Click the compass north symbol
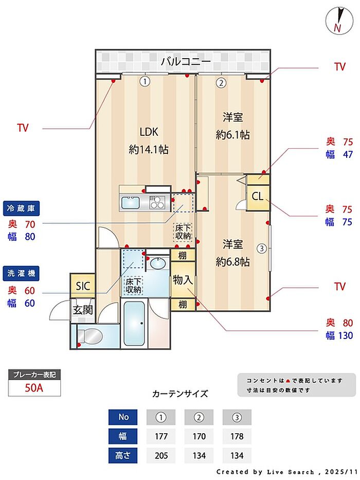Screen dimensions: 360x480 pos(339,21)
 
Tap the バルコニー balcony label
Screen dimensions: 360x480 pos(186,61)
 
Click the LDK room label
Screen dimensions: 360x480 pos(149,132)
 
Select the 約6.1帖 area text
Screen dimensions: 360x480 pos(232,135)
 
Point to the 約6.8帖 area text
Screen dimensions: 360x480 pos(232,262)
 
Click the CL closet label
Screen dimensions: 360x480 pos(258,196)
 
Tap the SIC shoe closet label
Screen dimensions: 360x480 pos(83,286)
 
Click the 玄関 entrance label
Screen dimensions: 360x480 pos(83,310)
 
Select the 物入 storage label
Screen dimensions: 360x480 pos(183,279)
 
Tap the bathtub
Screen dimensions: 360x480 pos(134,324)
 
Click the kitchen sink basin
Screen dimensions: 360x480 pos(131,203)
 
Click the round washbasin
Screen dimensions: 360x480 pos(158,263)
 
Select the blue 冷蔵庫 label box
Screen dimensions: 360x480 pos(21,209)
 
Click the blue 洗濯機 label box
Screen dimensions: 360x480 pos(21,273)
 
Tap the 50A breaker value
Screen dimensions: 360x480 pos(34,388)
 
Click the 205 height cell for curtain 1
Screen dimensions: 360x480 pos(161,455)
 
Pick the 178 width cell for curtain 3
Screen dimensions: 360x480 pos(237,436)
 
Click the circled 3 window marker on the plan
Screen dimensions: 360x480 pos(262,248)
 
